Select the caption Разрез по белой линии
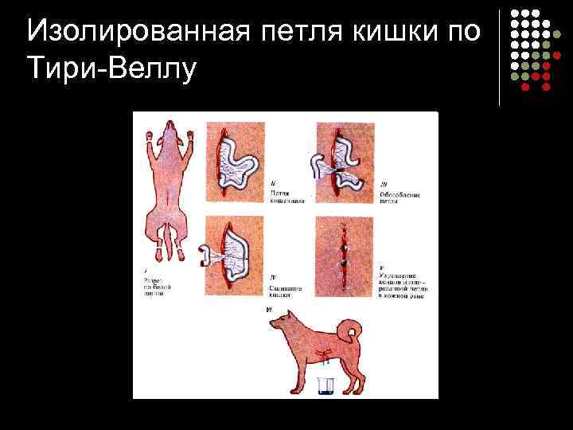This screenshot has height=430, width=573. [154, 287]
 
